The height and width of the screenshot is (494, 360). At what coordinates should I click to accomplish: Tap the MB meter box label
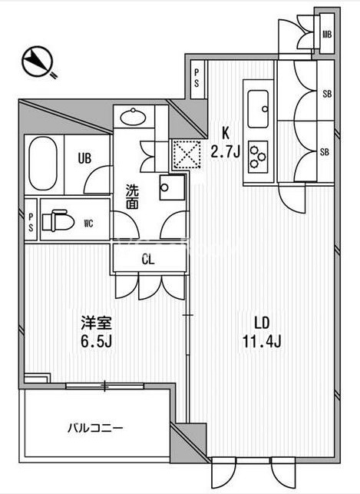(x=327, y=34)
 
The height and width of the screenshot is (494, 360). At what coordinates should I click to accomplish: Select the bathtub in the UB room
(x=43, y=163)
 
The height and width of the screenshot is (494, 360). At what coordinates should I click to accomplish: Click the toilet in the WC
(x=58, y=220)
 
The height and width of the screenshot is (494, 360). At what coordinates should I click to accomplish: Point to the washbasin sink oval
(x=133, y=117)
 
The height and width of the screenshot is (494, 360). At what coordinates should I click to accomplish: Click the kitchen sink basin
(x=258, y=108)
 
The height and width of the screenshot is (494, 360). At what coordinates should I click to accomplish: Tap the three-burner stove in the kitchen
(x=258, y=157)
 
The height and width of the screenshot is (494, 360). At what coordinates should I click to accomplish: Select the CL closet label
(x=148, y=260)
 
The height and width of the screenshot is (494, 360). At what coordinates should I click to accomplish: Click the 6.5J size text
(x=96, y=340)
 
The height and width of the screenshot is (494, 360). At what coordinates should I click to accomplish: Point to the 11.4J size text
(x=262, y=340)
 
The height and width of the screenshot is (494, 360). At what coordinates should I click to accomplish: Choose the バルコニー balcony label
(x=95, y=428)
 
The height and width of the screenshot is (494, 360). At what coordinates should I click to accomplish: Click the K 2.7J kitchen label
(x=226, y=143)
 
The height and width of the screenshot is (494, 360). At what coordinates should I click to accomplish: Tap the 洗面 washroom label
(x=132, y=197)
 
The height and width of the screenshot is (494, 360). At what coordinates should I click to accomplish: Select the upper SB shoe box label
(x=327, y=94)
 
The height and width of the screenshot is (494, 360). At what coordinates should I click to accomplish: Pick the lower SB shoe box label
(x=325, y=152)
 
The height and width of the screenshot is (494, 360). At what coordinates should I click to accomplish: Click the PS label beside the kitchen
(x=197, y=79)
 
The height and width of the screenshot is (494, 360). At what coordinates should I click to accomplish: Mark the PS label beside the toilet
(x=31, y=223)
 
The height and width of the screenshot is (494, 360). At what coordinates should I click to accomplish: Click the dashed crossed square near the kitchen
(x=187, y=154)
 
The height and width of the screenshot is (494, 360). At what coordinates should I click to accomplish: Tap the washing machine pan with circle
(x=172, y=187)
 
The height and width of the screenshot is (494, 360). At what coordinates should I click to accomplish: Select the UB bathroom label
(x=84, y=157)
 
